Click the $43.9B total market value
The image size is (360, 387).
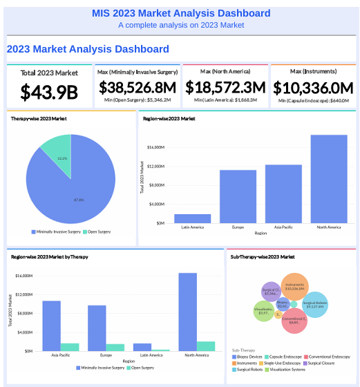48,91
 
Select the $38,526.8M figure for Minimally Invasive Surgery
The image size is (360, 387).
137,88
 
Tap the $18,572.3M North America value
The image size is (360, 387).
225,88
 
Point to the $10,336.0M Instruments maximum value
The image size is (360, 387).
313,88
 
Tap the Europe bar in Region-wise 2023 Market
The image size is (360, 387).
238,196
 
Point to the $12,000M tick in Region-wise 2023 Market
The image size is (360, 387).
155,167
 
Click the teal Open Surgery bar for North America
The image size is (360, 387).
206,346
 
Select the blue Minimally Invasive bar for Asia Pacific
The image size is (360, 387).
51,325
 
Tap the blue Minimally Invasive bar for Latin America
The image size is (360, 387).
142,347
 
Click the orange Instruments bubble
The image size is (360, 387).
294,287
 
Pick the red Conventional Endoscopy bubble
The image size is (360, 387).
294,321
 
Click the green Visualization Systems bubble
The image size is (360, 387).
263,312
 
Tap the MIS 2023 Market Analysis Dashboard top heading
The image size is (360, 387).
181,13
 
